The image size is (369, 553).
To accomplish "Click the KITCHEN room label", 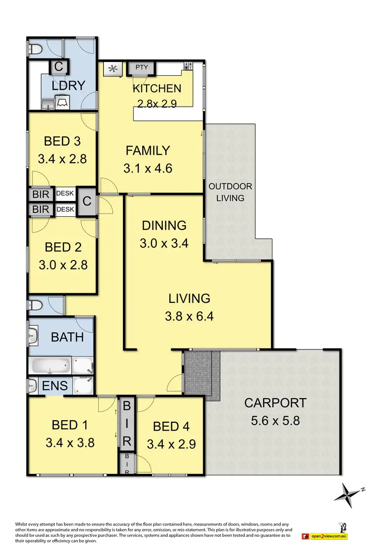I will (x=157, y=88).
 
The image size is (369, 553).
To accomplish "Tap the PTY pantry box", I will (x=142, y=67).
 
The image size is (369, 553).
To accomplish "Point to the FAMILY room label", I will (x=148, y=150).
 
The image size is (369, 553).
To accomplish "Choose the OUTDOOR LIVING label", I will (x=230, y=192).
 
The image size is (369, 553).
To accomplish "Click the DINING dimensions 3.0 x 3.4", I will (x=164, y=243).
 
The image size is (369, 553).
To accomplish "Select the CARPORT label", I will (x=275, y=403).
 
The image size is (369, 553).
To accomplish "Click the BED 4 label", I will (x=171, y=426).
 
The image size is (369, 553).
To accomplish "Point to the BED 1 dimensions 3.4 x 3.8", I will (x=70, y=442).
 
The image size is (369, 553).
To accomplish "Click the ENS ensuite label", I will (x=55, y=385).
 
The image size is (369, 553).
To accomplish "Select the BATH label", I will (x=67, y=337).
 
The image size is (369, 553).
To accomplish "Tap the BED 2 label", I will (x=62, y=247).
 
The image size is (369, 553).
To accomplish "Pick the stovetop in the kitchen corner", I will (x=189, y=66).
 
